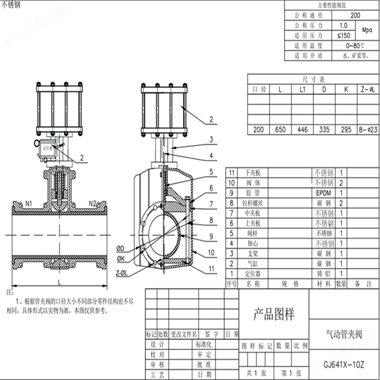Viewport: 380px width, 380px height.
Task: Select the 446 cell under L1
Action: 302,130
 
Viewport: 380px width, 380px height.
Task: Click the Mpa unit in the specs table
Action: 367,30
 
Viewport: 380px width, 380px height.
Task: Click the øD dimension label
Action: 121,248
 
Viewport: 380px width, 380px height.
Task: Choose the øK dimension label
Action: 121,258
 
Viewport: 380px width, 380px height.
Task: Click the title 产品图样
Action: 274,314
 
